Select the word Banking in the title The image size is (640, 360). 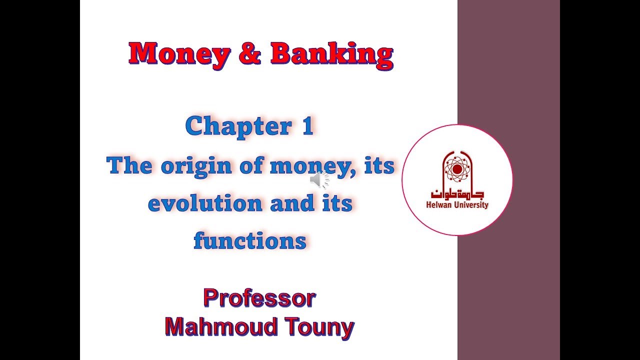(x=331, y=53)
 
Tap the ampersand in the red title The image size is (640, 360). (x=249, y=53)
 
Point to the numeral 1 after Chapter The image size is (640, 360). (x=306, y=126)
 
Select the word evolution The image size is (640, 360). (x=205, y=203)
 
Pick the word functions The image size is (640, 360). (x=250, y=241)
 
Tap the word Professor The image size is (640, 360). (x=259, y=298)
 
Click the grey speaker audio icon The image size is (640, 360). (x=318, y=179)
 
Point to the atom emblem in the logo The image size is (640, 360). (x=456, y=169)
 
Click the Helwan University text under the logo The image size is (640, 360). (x=457, y=204)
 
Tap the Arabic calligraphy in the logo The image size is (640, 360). (x=457, y=194)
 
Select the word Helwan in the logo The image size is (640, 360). (x=438, y=204)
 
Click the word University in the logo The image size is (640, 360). (x=470, y=204)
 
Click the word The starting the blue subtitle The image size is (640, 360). (x=129, y=165)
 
